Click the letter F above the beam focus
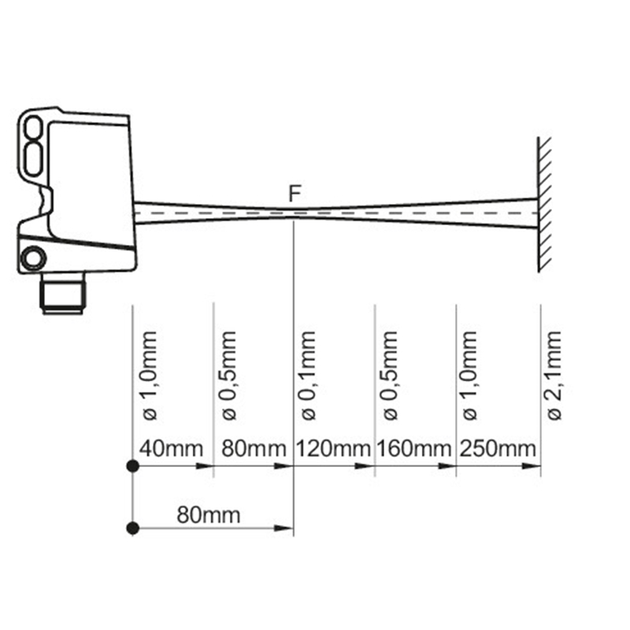295,194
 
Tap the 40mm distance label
171,448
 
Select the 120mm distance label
333,448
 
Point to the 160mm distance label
414,448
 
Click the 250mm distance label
498,448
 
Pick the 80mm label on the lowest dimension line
209,515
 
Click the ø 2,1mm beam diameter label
554,376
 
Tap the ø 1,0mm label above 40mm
150,376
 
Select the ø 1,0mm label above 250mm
469,376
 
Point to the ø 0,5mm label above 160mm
390,376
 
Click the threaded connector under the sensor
64,294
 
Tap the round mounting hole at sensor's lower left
33,258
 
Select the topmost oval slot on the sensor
33,127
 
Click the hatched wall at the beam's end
545,205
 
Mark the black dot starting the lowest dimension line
132,528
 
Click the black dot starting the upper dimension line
132,466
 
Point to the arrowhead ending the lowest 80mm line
283,528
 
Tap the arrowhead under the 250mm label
530,466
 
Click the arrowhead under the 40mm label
204,466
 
